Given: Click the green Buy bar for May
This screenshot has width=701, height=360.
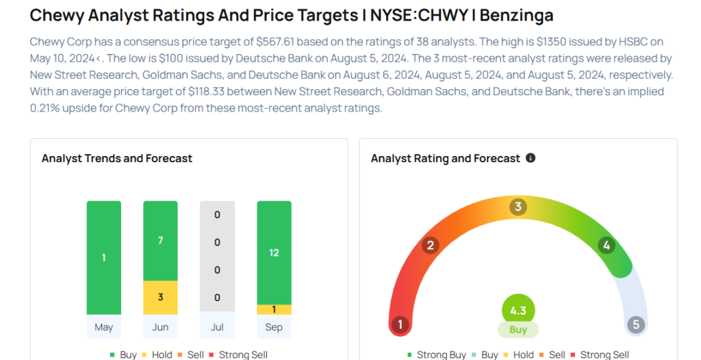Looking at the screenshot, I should (103, 257).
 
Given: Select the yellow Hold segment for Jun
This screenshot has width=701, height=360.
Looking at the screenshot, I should (160, 297).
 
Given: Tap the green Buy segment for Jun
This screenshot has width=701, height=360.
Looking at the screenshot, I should (160, 241).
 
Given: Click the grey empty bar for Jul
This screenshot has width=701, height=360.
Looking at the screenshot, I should (217, 257).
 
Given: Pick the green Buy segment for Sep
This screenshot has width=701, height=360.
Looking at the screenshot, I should (274, 253).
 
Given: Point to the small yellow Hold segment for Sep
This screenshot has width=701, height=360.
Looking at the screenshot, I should (274, 309).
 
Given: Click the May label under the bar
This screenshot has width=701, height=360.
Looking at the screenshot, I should (103, 327).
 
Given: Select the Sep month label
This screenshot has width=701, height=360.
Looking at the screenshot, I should (274, 327).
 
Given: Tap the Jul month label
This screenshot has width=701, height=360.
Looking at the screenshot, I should (217, 327).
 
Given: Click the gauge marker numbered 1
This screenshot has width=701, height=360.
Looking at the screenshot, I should (400, 324).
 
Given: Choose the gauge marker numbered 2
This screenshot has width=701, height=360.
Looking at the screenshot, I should (431, 245).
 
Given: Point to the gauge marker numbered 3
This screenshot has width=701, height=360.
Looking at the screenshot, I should (518, 207).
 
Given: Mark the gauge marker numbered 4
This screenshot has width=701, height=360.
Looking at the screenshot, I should (606, 245).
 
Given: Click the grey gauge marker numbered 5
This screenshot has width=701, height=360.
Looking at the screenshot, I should (636, 324).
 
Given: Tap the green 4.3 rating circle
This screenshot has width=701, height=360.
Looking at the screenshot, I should (518, 311).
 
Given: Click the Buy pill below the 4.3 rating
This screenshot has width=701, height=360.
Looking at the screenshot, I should (518, 330).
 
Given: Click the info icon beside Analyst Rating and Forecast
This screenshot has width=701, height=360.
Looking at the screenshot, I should (531, 158).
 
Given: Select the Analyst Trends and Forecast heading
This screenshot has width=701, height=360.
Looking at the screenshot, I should (117, 158).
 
